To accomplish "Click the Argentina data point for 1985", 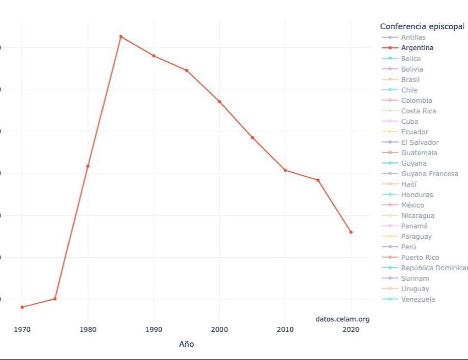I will (x=121, y=37).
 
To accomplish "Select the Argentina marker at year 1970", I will (x=22, y=307).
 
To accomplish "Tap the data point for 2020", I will (x=351, y=232).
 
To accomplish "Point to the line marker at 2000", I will (x=219, y=102).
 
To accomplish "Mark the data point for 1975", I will (x=55, y=299).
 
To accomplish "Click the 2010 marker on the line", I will (x=285, y=170).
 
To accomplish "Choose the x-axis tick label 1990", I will (x=154, y=330).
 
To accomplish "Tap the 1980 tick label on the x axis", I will (x=88, y=330).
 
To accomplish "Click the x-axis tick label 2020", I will (x=351, y=330).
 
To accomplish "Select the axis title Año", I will (x=187, y=344).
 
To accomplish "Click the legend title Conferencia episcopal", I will (x=422, y=26).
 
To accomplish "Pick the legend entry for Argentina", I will (x=417, y=48).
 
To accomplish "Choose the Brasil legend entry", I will (x=410, y=79).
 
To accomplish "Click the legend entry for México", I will (x=412, y=205).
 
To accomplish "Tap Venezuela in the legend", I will (x=418, y=299).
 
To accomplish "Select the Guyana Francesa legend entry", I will (x=429, y=174).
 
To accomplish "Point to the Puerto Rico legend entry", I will (x=420, y=258).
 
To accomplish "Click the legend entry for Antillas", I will (x=413, y=37).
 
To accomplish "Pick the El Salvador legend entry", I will (x=420, y=143).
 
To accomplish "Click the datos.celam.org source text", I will (x=342, y=319).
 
